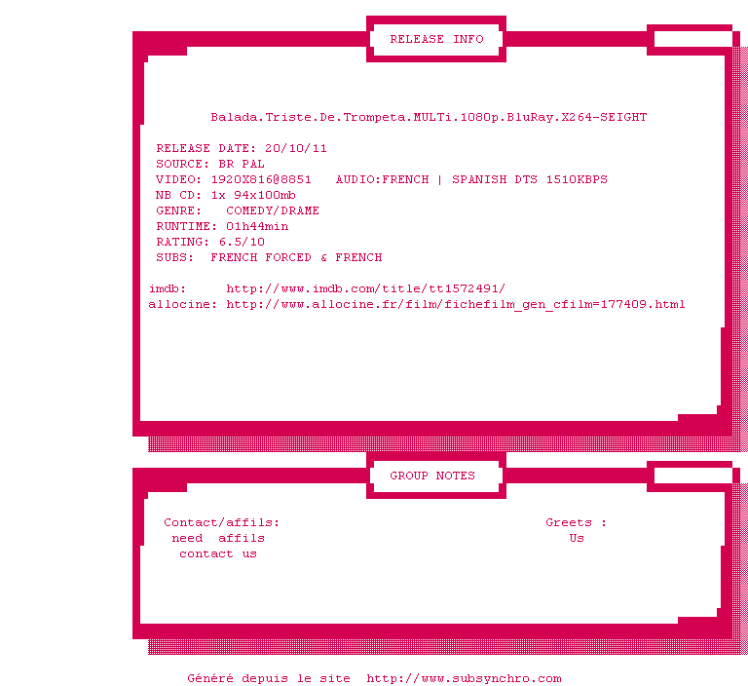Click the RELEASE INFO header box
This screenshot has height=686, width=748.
[x=436, y=40]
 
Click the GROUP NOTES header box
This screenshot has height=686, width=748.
[x=432, y=476]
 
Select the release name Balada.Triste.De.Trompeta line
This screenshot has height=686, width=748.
[x=429, y=118]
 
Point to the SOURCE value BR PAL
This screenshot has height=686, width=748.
[x=242, y=165]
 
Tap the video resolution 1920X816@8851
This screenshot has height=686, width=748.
[x=261, y=180]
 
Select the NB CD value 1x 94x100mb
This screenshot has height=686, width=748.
[x=253, y=196]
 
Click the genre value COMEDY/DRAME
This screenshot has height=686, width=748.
[x=273, y=211]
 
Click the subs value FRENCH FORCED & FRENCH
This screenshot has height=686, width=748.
[x=296, y=258]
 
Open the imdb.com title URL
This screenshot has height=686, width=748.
[x=366, y=289]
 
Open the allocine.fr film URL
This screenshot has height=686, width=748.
[x=456, y=305]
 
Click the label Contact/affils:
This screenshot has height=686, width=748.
[x=222, y=523]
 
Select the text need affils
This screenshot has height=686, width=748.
[x=218, y=539]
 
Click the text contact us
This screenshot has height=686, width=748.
[x=218, y=554]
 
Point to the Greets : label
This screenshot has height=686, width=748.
[x=576, y=523]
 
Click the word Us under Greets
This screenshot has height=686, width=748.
[x=577, y=539]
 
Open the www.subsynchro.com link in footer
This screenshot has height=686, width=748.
[x=464, y=679]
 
